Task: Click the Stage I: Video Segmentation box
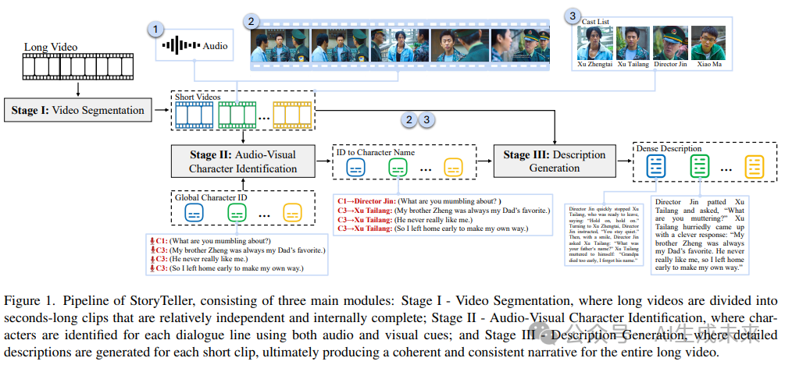coord(78,110)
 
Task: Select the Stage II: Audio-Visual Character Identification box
coord(244,161)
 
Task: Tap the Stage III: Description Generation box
coord(554,161)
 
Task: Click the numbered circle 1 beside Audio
coord(156,30)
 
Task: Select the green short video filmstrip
coord(237,115)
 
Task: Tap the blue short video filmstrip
coord(193,115)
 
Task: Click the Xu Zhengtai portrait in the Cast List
coord(594,44)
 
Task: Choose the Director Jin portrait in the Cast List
coord(669,44)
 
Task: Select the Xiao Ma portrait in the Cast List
coord(708,44)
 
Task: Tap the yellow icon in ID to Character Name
coord(454,168)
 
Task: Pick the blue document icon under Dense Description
coord(655,166)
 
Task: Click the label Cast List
coord(596,21)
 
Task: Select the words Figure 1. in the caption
coord(27,300)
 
